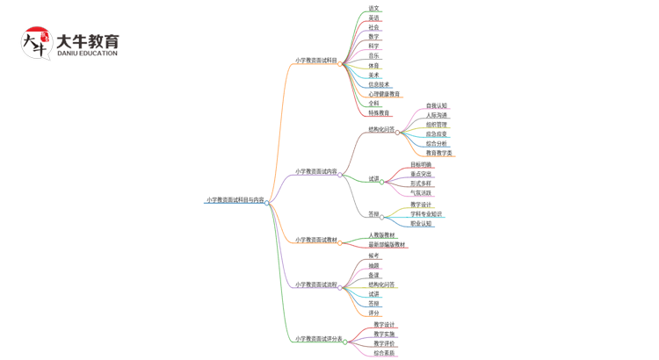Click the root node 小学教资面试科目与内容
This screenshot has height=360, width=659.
click(x=235, y=200)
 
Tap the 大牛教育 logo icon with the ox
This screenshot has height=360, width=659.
click(x=37, y=42)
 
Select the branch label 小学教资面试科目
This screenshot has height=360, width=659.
click(x=316, y=61)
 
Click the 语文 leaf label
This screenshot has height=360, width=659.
click(x=374, y=9)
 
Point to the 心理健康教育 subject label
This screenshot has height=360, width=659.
click(x=384, y=94)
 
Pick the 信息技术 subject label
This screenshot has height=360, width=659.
click(x=380, y=84)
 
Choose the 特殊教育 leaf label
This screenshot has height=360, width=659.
click(x=380, y=113)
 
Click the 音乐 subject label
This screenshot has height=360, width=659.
click(x=374, y=56)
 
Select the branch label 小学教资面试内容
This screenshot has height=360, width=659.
click(x=316, y=172)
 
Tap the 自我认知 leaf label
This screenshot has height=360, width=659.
click(x=437, y=106)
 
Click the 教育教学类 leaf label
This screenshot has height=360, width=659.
click(x=439, y=154)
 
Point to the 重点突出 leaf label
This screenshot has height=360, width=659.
click(x=422, y=175)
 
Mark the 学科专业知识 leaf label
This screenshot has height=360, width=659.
click(x=427, y=214)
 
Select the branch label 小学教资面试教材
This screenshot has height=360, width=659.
click(x=316, y=240)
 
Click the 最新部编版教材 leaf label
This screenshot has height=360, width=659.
click(x=387, y=245)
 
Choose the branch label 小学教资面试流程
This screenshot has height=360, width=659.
click(x=316, y=284)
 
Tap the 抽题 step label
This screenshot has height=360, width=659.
click(x=374, y=266)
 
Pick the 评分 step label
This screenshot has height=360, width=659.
click(x=374, y=313)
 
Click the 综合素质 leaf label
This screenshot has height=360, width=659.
click(x=385, y=354)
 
